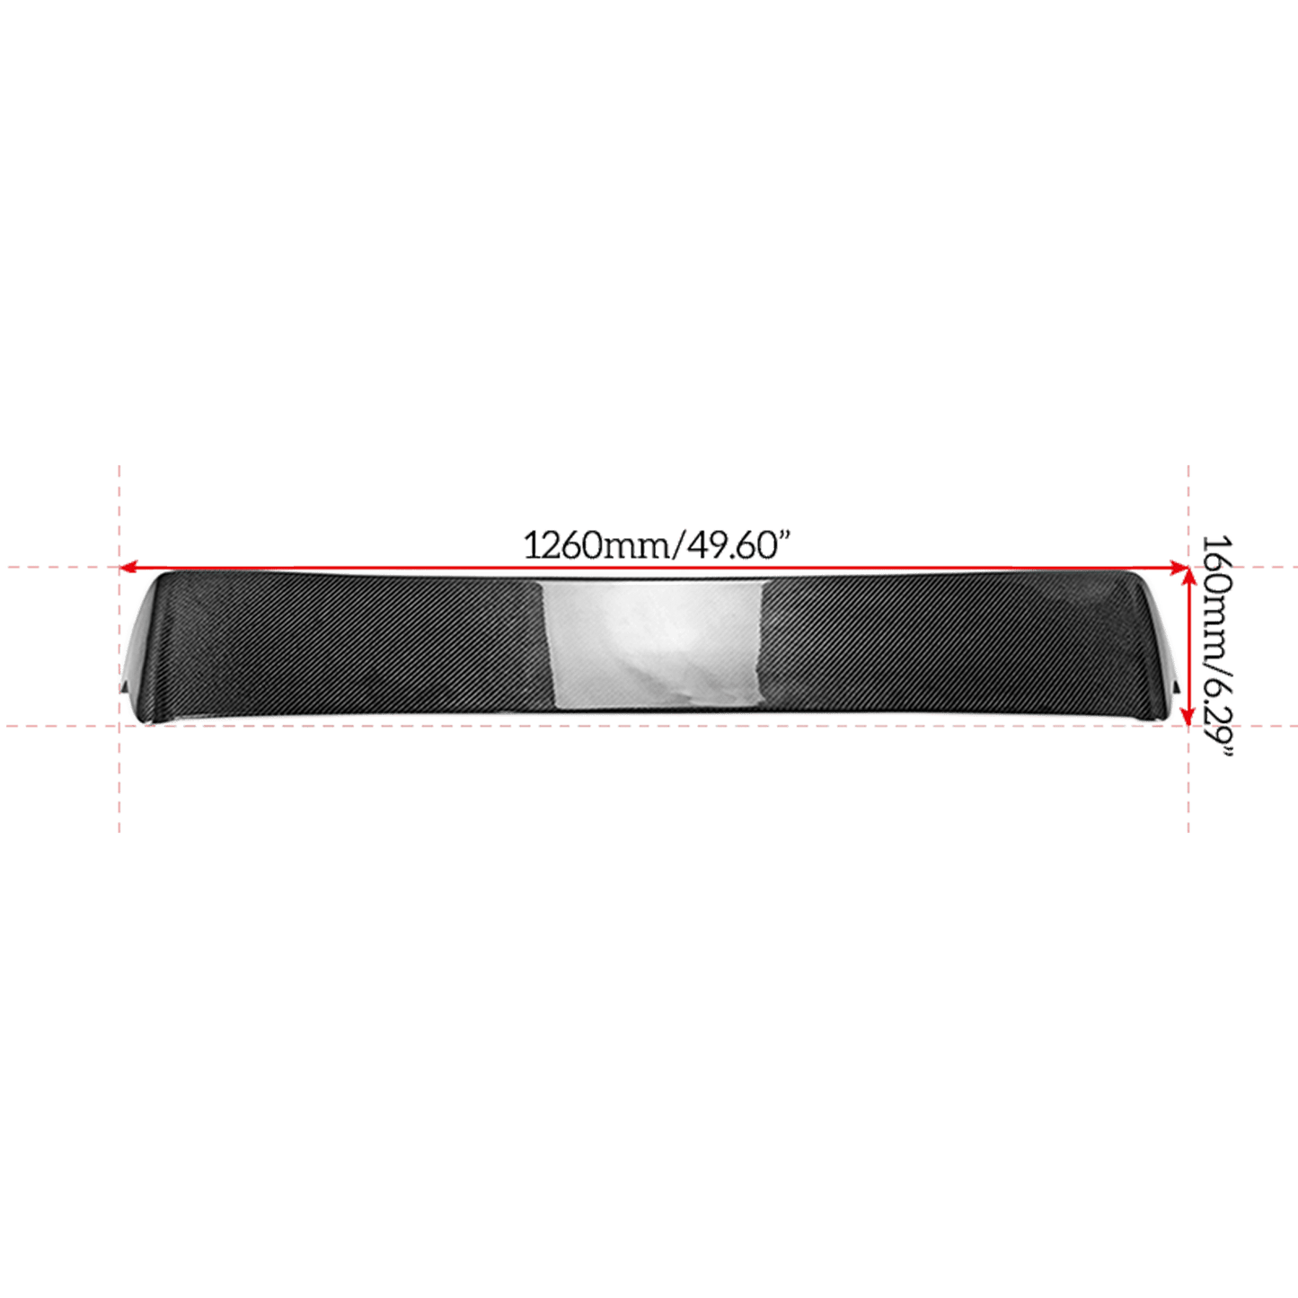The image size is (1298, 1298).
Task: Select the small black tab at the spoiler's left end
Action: [124, 688]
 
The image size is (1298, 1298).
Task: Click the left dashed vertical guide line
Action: [119, 648]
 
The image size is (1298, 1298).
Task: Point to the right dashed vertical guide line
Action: [1189, 648]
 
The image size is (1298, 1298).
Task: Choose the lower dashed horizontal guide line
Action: [649, 726]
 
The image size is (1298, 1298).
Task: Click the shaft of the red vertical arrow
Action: [1188, 647]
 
